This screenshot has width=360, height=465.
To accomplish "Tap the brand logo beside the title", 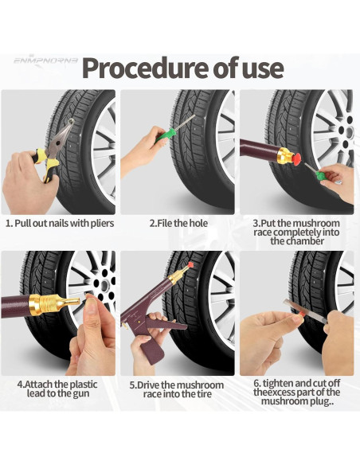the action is (45, 61).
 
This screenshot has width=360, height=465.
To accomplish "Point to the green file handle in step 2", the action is (164, 135).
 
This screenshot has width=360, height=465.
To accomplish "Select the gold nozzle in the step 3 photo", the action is (284, 156).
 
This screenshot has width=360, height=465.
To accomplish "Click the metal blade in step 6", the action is (305, 311).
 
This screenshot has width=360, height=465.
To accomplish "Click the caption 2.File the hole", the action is (178, 223).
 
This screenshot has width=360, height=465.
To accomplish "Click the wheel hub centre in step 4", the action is (104, 285).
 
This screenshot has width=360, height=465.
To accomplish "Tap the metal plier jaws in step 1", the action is (62, 136).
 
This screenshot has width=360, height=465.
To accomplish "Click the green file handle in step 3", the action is (321, 175).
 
